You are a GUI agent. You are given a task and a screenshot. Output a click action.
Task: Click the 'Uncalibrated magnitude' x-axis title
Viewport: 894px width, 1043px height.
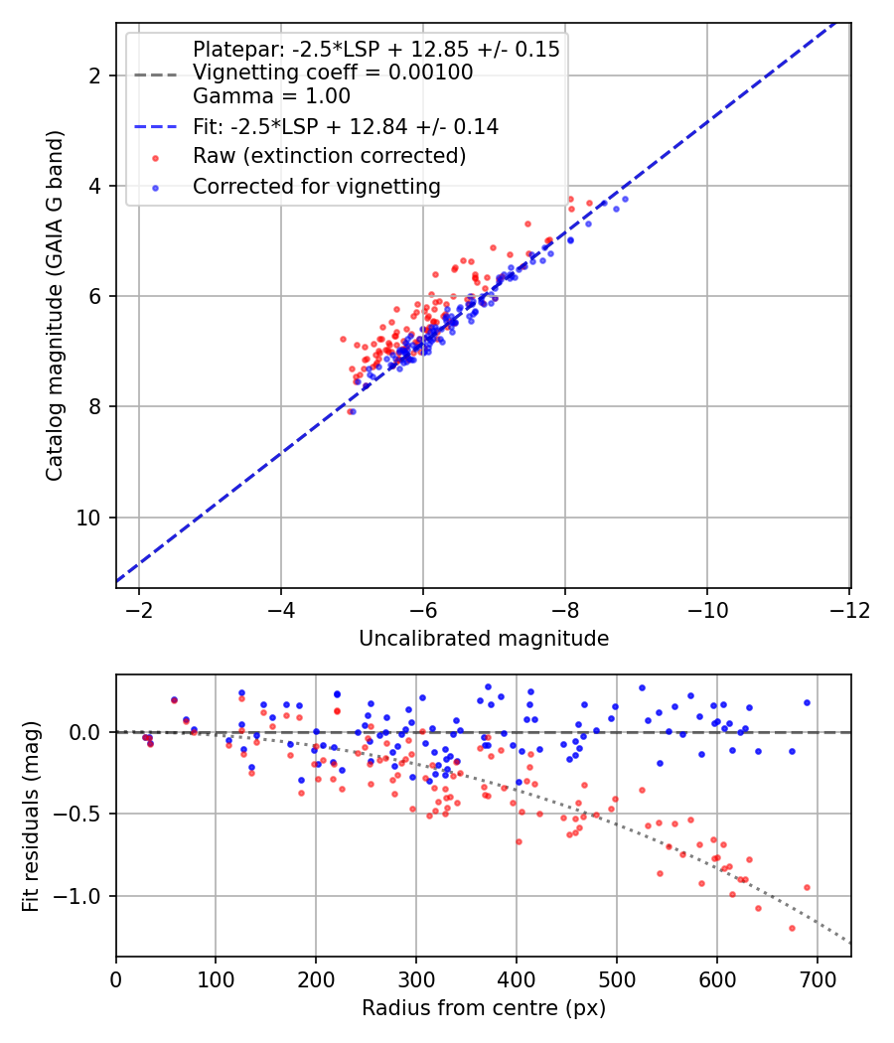click(x=483, y=639)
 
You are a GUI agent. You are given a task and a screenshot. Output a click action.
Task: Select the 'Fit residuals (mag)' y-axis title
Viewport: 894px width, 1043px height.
click(x=31, y=815)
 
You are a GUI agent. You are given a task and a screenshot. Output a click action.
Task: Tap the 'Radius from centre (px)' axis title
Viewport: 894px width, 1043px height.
click(x=483, y=1008)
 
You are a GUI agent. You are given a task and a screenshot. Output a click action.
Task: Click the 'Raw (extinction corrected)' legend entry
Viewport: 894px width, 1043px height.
click(x=329, y=156)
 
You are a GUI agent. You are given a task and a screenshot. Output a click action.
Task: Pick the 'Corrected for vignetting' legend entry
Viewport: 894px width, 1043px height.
click(x=317, y=186)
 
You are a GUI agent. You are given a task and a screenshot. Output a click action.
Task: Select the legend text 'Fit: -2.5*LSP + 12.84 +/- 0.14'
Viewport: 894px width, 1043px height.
click(x=346, y=126)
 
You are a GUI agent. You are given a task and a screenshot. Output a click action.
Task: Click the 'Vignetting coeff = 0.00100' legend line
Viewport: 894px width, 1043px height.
click(x=333, y=73)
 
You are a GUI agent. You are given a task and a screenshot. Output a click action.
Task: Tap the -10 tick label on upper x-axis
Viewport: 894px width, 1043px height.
click(x=707, y=608)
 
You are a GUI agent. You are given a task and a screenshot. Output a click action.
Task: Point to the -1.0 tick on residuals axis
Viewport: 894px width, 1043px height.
click(x=82, y=897)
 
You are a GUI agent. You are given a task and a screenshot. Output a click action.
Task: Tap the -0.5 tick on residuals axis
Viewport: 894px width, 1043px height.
click(x=82, y=815)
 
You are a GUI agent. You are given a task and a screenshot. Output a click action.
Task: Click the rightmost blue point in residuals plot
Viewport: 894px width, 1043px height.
click(x=807, y=702)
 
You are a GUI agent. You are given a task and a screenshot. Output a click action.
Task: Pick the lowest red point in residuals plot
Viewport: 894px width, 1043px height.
click(x=792, y=928)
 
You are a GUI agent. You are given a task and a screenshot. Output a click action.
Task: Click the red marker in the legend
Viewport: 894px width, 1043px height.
click(x=154, y=157)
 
